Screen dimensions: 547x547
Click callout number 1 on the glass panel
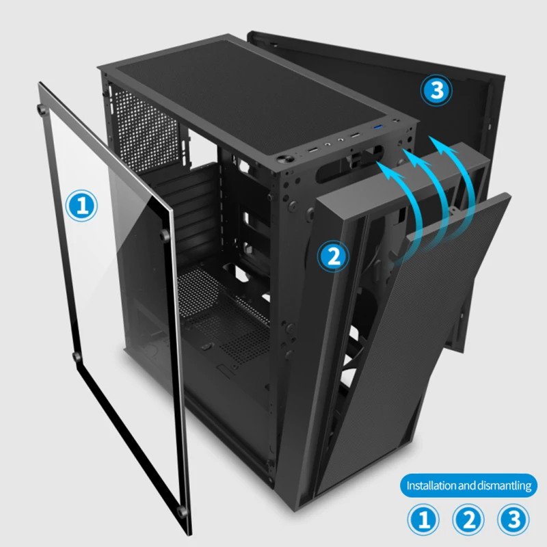[83, 205]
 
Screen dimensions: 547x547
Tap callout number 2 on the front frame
[334, 256]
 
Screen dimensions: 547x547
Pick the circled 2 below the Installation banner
[469, 520]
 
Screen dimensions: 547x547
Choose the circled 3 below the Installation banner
[513, 520]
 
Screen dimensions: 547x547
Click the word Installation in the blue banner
[431, 486]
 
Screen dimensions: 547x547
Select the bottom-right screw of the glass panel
[181, 511]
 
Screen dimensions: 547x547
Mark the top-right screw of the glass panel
[164, 235]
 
